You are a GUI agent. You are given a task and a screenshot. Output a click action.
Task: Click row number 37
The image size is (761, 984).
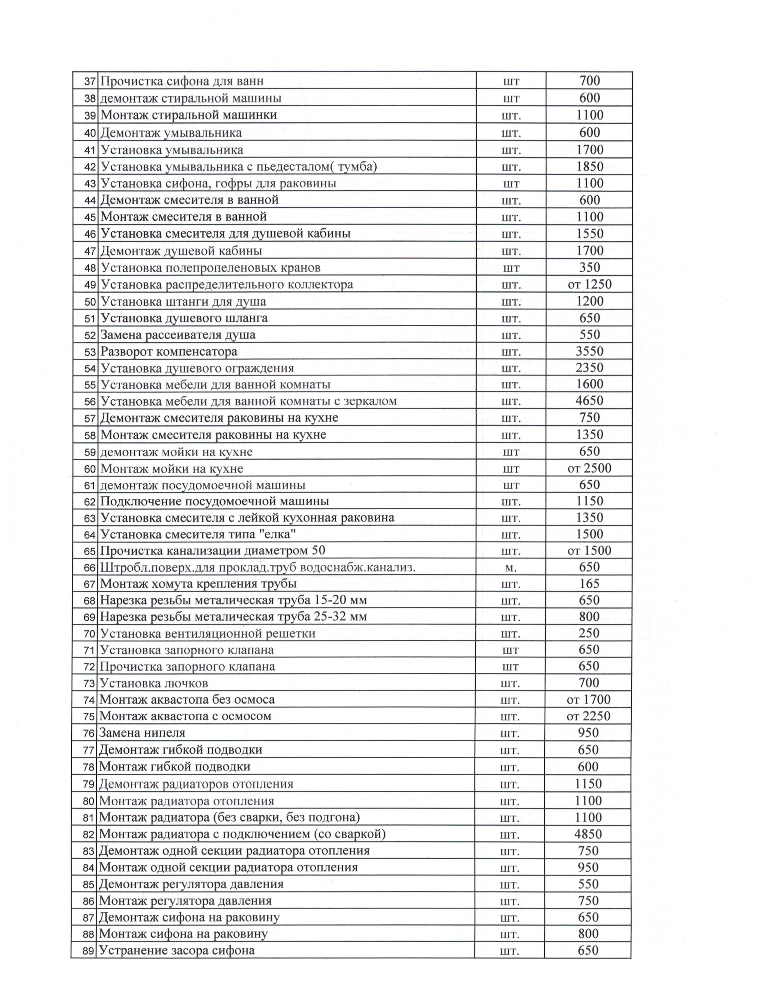[90, 81]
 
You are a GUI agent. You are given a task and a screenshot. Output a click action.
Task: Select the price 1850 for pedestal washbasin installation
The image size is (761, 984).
[589, 167]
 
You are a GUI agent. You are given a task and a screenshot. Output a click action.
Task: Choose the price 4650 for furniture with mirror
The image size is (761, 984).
[589, 400]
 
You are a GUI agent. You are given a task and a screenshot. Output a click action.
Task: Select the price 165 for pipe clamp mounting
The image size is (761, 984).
[589, 584]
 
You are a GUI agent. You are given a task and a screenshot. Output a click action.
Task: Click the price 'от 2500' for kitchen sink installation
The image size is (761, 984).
[589, 468]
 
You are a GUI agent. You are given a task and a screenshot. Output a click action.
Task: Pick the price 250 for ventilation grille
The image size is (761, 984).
[589, 633]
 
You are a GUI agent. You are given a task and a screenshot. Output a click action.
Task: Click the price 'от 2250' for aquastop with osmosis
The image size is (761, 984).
[588, 716]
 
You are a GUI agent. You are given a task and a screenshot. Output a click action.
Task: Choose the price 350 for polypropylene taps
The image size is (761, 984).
[589, 268]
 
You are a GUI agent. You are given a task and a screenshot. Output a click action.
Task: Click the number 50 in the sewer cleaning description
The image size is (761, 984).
[318, 550]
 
